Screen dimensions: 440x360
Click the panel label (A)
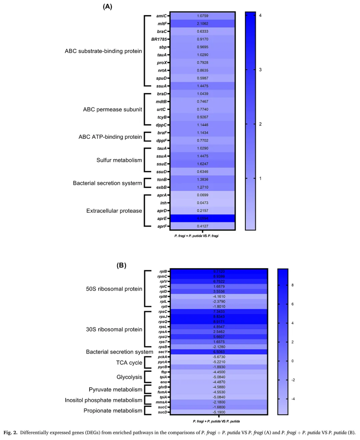[107, 7]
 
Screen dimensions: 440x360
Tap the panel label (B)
[121, 265]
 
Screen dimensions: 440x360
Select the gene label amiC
[161, 16]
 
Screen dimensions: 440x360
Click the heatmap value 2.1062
[202, 24]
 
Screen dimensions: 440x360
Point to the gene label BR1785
[159, 39]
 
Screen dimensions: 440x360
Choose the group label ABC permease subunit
[112, 109]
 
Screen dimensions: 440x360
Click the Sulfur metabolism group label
[119, 160]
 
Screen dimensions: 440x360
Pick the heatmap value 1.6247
[202, 164]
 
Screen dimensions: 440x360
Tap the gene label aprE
[162, 218]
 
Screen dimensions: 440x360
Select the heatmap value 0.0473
[202, 203]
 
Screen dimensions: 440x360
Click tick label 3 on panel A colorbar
[260, 70]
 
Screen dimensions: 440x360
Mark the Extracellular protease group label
[114, 211]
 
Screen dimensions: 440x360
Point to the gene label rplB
[163, 272]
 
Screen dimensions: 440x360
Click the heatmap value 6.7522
[219, 282]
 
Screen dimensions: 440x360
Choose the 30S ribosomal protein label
[114, 329]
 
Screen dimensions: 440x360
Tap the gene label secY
[163, 352]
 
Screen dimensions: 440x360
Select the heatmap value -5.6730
[219, 357]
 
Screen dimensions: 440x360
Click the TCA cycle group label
[129, 363]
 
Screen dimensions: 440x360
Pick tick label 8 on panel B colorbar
[293, 285]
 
